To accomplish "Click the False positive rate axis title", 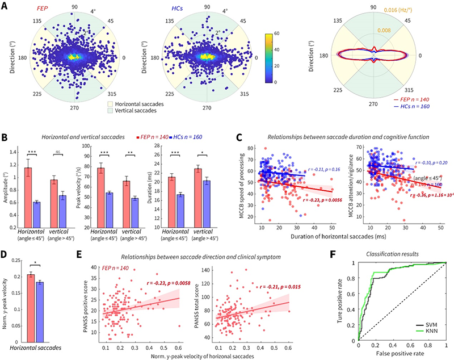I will (x=402, y=354).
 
